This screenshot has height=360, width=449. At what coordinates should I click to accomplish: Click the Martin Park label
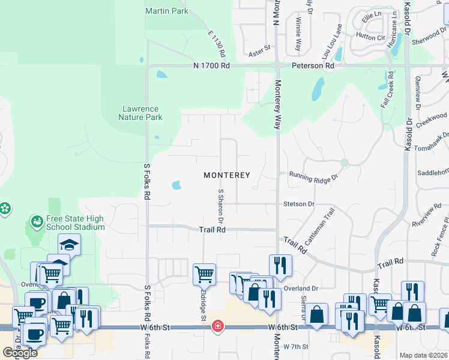[166, 11]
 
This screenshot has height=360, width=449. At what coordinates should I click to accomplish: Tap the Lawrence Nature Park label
[140, 113]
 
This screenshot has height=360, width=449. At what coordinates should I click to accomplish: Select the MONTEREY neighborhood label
[226, 175]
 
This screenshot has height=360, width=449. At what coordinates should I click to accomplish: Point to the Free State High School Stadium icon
[37, 222]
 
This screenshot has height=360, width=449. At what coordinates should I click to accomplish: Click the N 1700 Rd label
[211, 65]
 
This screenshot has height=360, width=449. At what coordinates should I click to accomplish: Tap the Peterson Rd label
[313, 65]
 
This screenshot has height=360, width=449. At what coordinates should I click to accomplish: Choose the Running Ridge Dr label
[314, 176]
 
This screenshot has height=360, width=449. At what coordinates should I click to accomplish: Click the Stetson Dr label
[299, 204]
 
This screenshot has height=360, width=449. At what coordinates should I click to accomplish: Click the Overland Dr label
[301, 288]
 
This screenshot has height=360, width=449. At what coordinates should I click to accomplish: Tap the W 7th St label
[295, 347]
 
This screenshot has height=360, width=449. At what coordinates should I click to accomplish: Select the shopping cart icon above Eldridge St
[204, 274]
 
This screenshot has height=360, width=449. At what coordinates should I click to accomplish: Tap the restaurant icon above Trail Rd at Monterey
[280, 265]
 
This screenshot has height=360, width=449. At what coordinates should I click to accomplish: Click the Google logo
[20, 352]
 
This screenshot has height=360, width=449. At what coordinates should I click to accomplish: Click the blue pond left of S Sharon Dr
[176, 185]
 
